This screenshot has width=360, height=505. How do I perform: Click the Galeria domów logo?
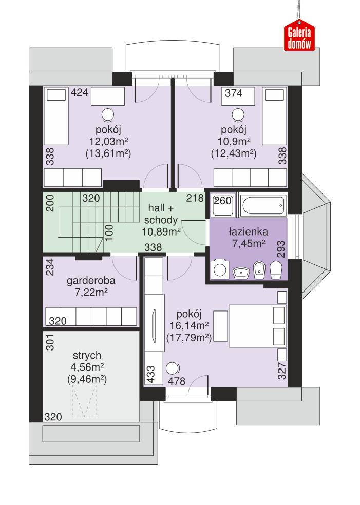coord(299,37)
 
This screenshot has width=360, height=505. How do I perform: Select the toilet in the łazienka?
coord(276,269)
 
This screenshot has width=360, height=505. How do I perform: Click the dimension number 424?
coord(80,93)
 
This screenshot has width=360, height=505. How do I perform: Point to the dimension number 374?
coord(233,93)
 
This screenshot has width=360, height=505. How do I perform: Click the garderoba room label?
coord(91,281)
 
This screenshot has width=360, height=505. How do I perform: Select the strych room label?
coord(86,355)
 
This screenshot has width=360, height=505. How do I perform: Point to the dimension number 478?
coord(177,381)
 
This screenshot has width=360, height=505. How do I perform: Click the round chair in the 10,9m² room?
coord(238,113)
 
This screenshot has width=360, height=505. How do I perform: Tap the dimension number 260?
coord(222,201)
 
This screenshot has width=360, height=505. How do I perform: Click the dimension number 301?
coord(50,342)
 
